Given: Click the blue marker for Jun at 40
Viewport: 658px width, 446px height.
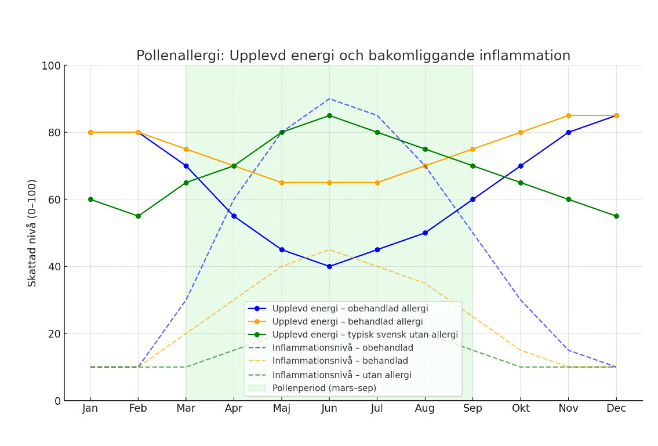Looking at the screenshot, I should [329, 267].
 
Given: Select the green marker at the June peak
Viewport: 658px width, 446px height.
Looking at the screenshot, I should [329, 115].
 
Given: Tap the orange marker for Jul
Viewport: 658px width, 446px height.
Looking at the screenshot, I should [377, 183].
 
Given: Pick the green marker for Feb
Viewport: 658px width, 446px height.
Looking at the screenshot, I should [138, 216].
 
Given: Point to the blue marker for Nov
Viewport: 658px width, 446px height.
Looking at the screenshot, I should [568, 132].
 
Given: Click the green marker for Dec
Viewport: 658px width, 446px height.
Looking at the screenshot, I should [616, 216].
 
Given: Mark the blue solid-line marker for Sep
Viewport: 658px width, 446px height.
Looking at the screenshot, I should [472, 200].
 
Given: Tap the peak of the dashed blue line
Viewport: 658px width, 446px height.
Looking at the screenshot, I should [329, 99].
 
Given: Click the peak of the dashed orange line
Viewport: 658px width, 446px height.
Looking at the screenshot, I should [329, 250].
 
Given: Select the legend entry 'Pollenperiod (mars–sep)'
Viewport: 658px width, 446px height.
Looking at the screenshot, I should [324, 388].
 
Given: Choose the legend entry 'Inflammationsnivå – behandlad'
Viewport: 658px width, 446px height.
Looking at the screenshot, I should [340, 361].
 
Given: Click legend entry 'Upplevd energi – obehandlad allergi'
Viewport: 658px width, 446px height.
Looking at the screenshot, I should [350, 309].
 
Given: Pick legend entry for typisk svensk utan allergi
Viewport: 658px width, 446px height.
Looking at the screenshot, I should [365, 335].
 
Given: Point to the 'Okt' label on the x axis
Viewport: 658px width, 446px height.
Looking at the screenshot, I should [521, 409].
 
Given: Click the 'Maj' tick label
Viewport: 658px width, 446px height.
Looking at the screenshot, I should [282, 409].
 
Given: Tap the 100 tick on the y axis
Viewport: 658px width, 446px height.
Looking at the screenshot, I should [51, 66].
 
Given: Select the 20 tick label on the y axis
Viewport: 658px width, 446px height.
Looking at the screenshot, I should [54, 334].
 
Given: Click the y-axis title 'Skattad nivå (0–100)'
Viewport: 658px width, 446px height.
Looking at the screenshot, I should [32, 233].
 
